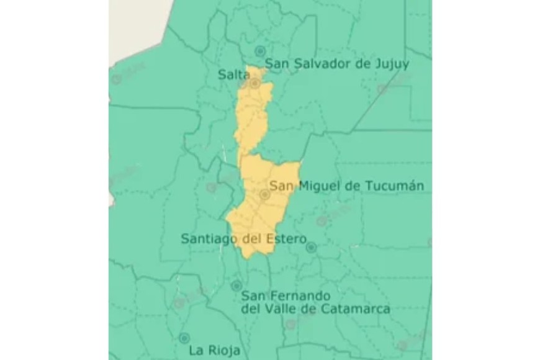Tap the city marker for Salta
pyautogui.click(x=254, y=83)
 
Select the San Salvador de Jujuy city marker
pyautogui.click(x=260, y=51)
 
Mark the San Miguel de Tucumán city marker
pyautogui.click(x=264, y=195)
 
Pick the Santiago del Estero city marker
pyautogui.click(x=311, y=247)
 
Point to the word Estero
pyautogui.click(x=286, y=238)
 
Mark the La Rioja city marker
pyautogui.click(x=184, y=338)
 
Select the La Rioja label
pyautogui.click(x=215, y=350)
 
